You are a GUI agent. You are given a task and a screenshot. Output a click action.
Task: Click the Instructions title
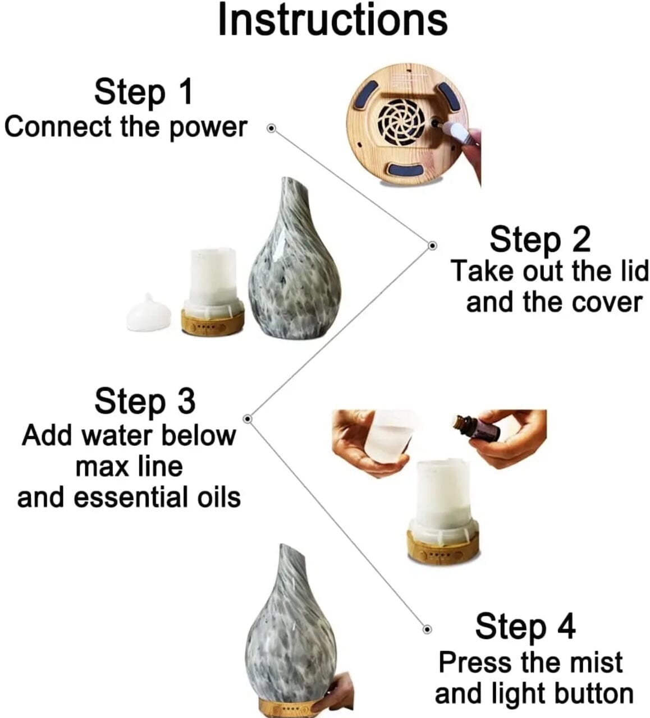[x=333, y=20]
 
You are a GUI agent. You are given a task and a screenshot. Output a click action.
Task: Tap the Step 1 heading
[x=144, y=93]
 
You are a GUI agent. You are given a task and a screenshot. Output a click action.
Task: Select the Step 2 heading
[x=540, y=240]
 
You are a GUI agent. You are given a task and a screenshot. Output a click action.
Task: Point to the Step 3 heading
[x=145, y=402]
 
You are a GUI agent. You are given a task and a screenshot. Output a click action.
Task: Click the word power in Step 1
[x=208, y=128]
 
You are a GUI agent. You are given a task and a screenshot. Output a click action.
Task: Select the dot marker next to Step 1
[x=272, y=128]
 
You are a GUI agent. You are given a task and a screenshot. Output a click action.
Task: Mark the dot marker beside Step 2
[x=433, y=246]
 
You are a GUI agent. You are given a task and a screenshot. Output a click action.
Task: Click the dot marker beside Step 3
[x=248, y=418]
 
